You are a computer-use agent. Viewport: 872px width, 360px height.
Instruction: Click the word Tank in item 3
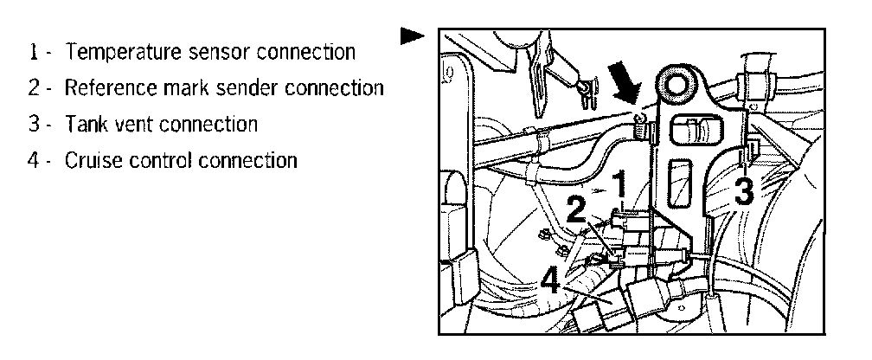[x=84, y=124]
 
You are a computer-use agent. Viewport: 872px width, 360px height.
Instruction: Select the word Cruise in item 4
[x=92, y=160]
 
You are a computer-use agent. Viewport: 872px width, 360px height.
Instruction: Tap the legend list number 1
[x=33, y=52]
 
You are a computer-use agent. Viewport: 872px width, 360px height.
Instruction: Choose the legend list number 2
[x=33, y=88]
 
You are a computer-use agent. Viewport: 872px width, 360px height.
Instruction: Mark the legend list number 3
[x=33, y=124]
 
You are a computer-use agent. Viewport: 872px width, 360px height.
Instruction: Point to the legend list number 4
[x=33, y=160]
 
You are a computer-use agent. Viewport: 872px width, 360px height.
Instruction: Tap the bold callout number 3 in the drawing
[x=743, y=190]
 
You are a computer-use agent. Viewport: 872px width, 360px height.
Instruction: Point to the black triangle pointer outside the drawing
[x=412, y=36]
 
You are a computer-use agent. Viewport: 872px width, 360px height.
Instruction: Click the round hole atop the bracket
[x=676, y=86]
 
